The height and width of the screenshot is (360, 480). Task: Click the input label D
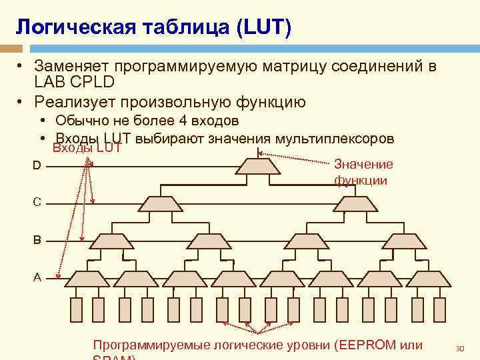(37, 165)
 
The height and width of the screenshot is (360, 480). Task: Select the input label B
(37, 239)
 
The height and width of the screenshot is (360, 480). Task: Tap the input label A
(37, 277)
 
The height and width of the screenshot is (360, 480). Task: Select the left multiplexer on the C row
(162, 203)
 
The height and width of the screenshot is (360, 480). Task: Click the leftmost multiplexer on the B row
(114, 241)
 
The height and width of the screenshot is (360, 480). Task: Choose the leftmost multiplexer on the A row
(89, 278)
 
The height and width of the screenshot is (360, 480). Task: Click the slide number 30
(459, 349)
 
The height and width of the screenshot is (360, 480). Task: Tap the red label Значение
(363, 164)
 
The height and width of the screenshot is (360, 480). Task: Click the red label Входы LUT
(87, 148)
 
